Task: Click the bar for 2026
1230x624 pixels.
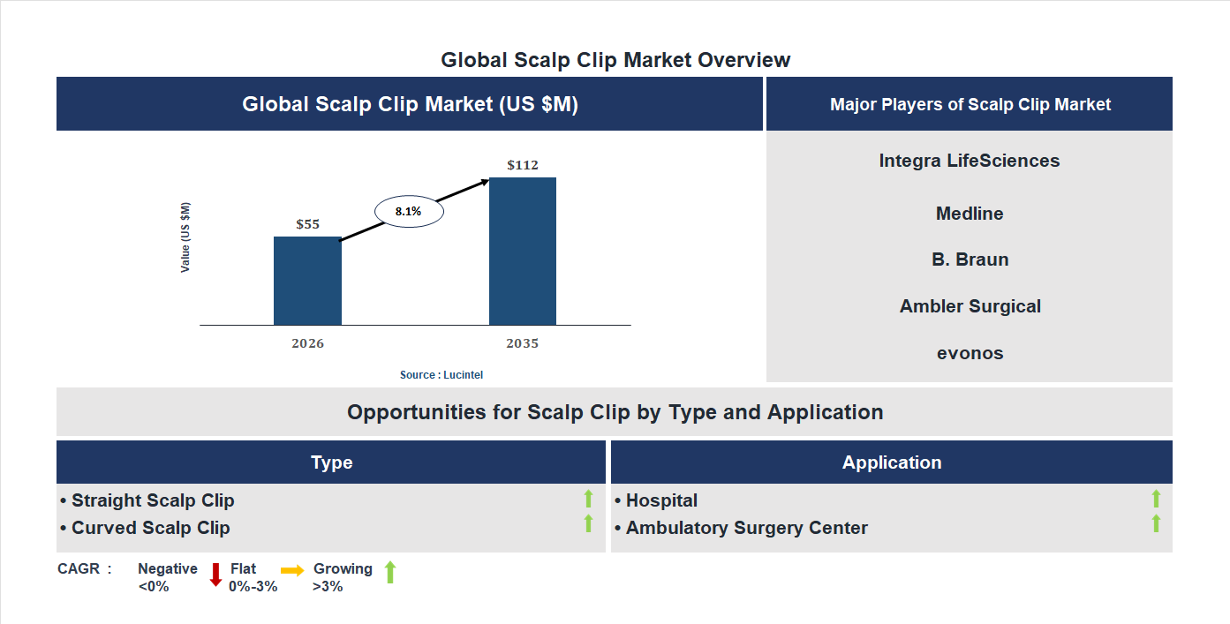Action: pos(307,281)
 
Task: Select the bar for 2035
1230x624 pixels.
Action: pos(523,252)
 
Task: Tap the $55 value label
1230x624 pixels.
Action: pos(307,224)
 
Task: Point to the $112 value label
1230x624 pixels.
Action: pos(523,165)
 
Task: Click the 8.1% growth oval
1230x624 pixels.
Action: pos(409,212)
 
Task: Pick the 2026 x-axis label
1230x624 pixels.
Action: pos(307,343)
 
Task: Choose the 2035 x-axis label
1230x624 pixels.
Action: pos(523,343)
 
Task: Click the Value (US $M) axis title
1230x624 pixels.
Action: pos(185,237)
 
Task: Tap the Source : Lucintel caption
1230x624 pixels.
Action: pos(441,375)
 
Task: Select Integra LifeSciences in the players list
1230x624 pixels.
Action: pos(970,161)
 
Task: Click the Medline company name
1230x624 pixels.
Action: pos(970,214)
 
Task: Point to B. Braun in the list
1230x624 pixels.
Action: pos(970,259)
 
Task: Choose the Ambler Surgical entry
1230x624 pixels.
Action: pos(970,306)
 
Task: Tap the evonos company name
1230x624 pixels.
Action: pos(970,353)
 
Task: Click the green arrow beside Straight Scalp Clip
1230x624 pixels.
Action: pos(589,499)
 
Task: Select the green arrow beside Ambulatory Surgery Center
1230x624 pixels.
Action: pos(1156,524)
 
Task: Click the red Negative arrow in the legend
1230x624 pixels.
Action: pos(215,575)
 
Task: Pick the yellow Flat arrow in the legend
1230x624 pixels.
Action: pos(292,571)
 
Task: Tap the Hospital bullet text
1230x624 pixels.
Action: pos(661,500)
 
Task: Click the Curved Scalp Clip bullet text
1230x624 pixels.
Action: pos(150,528)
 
